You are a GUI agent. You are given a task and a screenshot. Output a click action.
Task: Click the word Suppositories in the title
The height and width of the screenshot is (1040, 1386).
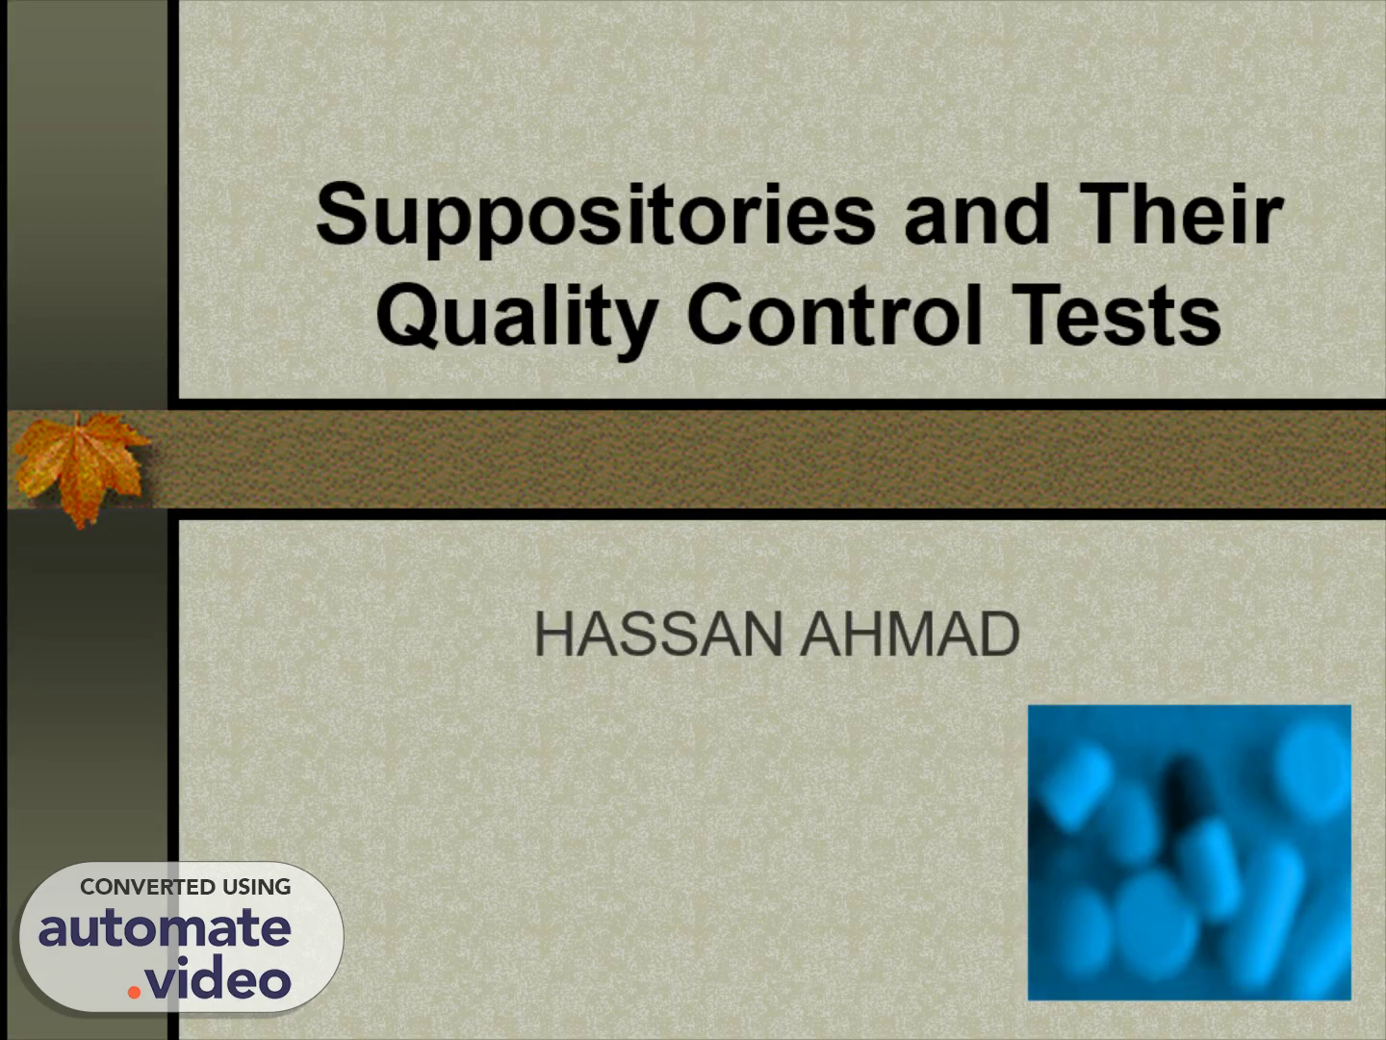(596, 219)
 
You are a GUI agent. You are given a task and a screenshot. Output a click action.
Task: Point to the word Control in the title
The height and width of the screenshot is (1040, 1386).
(834, 314)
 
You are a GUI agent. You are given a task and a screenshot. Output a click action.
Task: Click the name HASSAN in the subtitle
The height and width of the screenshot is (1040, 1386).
(658, 634)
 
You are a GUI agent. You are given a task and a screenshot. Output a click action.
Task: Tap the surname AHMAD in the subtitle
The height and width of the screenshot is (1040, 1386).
(910, 634)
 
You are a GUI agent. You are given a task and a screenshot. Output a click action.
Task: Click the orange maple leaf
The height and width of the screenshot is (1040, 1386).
(80, 467)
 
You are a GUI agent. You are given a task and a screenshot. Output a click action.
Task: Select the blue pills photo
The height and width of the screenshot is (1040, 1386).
(1190, 852)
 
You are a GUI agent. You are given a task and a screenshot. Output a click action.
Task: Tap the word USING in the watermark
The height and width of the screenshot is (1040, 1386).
(256, 887)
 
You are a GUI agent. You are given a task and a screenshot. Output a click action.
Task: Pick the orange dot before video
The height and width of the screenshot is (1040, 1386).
(134, 993)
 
